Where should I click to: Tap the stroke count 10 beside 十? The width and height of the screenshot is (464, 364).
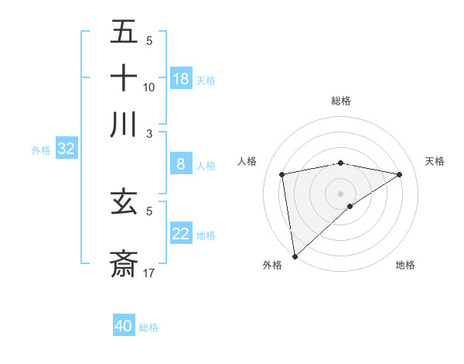[x=148, y=87]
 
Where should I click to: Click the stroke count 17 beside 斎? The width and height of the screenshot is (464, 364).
[x=149, y=273]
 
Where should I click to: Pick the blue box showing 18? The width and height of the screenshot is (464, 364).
[x=181, y=79]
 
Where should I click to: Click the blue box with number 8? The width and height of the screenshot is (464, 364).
[x=181, y=164]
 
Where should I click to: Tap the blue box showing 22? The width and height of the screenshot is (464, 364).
[x=181, y=234]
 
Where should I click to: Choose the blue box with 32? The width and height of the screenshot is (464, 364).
[x=66, y=149]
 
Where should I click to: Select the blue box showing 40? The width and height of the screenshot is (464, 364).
[x=124, y=326]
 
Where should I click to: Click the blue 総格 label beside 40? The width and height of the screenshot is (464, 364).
[x=148, y=328]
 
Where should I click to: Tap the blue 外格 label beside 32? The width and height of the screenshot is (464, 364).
[x=40, y=150]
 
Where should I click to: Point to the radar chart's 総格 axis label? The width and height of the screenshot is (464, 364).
[x=340, y=101]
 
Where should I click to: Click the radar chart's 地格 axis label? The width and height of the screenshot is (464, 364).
[x=405, y=265]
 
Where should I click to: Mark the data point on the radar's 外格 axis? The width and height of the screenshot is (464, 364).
[x=295, y=256]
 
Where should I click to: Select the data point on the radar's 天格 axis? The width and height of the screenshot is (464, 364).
[x=400, y=175]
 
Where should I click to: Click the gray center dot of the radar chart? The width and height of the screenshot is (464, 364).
[x=340, y=194]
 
